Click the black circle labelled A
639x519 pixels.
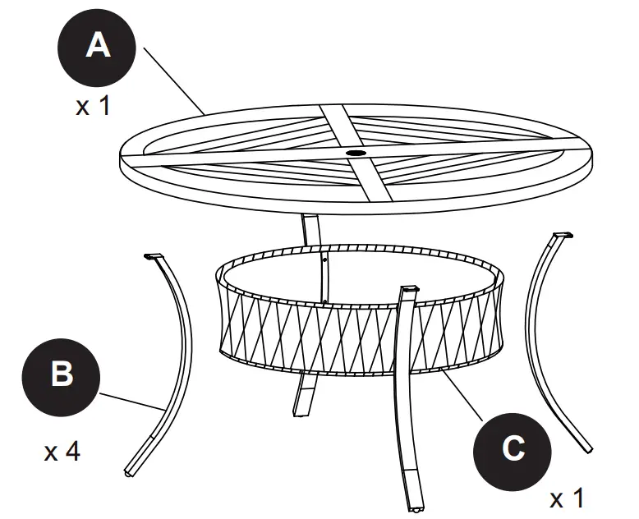click(x=98, y=46)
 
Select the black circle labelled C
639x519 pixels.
click(x=513, y=448)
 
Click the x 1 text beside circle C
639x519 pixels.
click(x=567, y=498)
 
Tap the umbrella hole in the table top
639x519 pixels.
click(x=356, y=153)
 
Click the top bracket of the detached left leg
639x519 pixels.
click(x=154, y=257)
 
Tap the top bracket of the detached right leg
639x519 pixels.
click(x=559, y=237)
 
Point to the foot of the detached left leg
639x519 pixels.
click(x=129, y=472)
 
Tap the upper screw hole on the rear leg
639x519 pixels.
click(x=326, y=257)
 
